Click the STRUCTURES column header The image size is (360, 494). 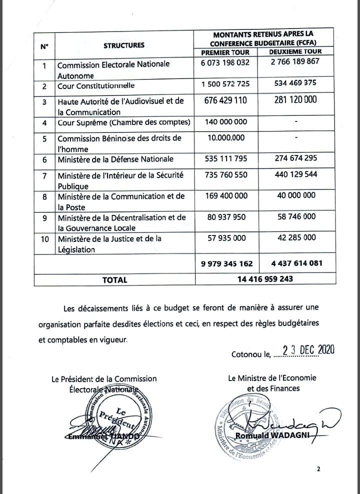[x=124, y=45]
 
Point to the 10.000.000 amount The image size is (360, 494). [x=225, y=138]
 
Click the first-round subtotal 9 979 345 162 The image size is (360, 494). [x=226, y=263]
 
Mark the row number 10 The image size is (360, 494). [x=44, y=239]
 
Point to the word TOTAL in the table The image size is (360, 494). [x=114, y=280]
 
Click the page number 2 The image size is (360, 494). [x=317, y=469]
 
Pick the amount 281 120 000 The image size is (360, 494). [x=295, y=100]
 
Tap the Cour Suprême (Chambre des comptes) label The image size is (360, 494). [x=124, y=122]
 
